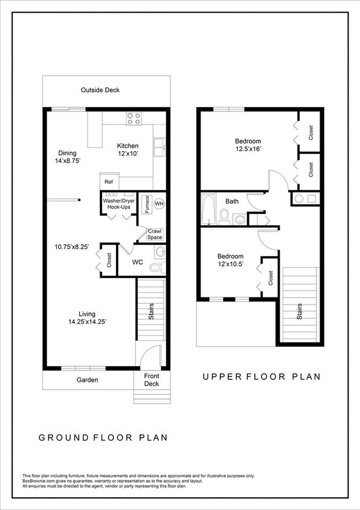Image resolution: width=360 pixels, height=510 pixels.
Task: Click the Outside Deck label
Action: pyautogui.click(x=100, y=90)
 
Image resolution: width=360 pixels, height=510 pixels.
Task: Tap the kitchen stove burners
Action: pyautogui.click(x=133, y=118)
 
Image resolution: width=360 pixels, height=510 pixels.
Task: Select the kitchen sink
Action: pyautogui.click(x=160, y=146)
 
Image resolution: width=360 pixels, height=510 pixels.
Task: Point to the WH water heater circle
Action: pyautogui.click(x=159, y=204)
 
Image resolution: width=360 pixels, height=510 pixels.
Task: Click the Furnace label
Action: pyautogui.click(x=146, y=204)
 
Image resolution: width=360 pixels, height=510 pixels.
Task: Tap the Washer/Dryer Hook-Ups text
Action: pyautogui.click(x=118, y=204)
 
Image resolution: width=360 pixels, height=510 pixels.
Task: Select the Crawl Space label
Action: pyautogui.click(x=155, y=234)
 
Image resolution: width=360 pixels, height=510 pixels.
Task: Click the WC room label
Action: pyautogui.click(x=137, y=263)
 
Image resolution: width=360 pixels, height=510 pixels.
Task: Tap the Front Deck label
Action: pyautogui.click(x=151, y=379)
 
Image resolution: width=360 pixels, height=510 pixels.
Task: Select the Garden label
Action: pyautogui.click(x=87, y=380)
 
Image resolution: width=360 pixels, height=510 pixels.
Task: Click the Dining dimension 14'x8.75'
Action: pyautogui.click(x=68, y=161)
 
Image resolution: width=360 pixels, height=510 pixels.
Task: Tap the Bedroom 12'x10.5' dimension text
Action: pyautogui.click(x=231, y=265)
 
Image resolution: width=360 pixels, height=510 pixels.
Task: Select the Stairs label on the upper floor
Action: pyautogui.click(x=299, y=311)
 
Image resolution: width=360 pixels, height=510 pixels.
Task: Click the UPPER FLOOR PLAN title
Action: pyautogui.click(x=262, y=376)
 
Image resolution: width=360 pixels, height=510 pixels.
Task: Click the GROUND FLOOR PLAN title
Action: pyautogui.click(x=103, y=437)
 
